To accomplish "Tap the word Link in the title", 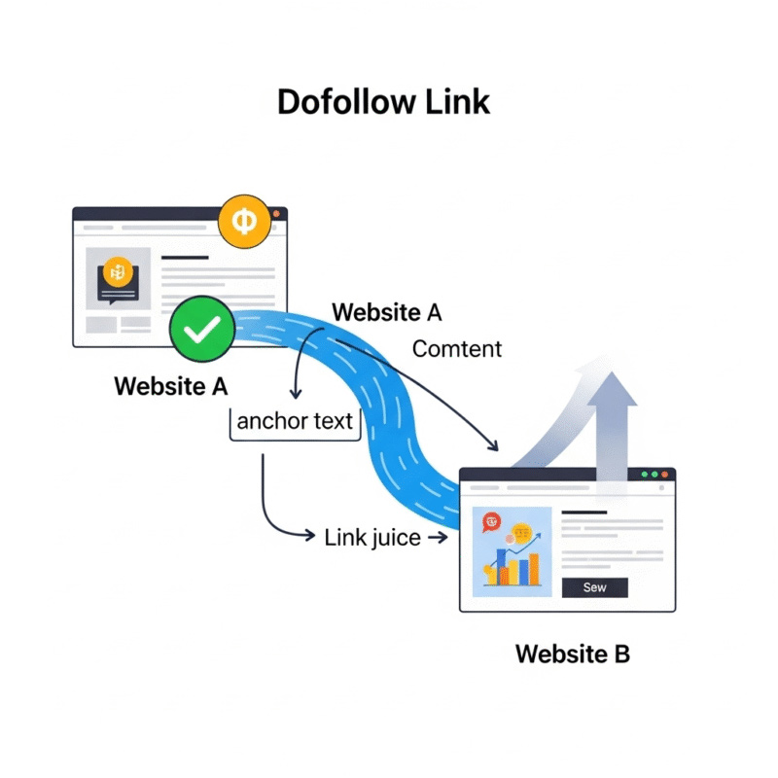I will (458, 102).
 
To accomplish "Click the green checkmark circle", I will (201, 331).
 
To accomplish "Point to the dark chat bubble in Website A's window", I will (118, 277).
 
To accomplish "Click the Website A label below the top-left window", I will (171, 386).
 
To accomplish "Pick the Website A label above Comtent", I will (387, 313).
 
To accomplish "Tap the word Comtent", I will (457, 349).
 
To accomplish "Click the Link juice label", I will (372, 537).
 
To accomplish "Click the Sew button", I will (594, 587).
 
